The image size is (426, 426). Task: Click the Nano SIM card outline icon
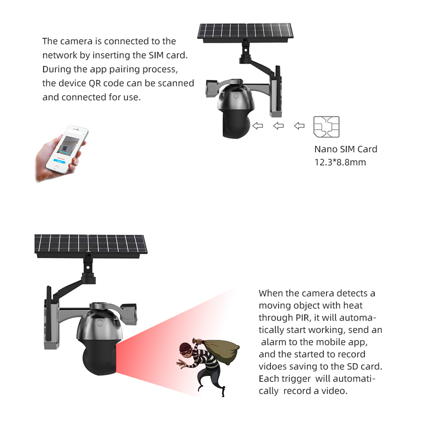click(x=326, y=127)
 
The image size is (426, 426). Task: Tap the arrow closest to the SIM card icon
click(x=299, y=126)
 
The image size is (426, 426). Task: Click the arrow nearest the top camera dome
click(x=258, y=126)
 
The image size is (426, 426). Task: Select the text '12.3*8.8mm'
click(x=340, y=162)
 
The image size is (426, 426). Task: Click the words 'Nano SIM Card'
click(x=346, y=149)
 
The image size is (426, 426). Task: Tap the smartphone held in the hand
click(x=67, y=149)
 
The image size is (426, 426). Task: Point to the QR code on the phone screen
click(x=64, y=149)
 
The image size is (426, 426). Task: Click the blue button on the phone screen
click(x=59, y=161)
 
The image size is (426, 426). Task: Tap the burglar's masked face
click(x=186, y=351)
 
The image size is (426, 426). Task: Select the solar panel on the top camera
click(x=245, y=32)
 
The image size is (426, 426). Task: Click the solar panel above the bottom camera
click(x=91, y=245)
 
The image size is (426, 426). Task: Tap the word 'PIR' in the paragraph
click(x=302, y=317)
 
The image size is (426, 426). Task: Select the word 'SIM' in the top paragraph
click(x=156, y=55)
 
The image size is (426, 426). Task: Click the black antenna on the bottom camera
click(x=49, y=313)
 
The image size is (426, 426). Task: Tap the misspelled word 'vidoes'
click(x=273, y=366)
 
